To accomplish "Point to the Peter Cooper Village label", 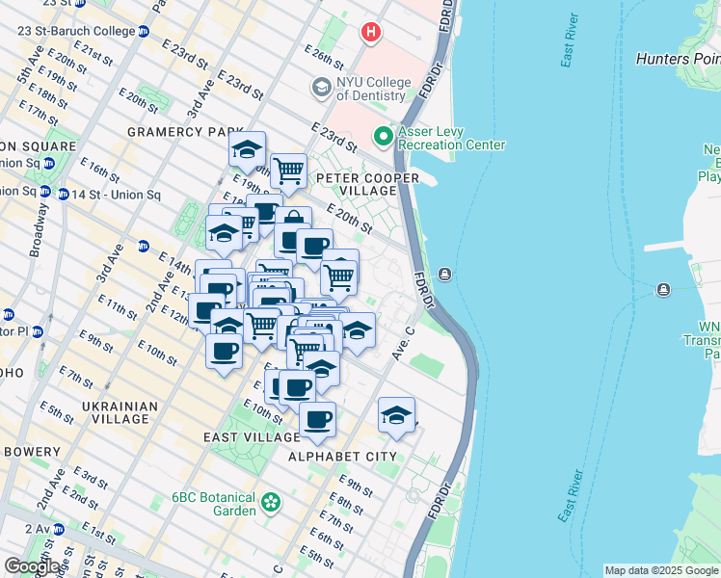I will click(x=366, y=184).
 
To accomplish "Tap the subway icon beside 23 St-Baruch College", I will click(x=144, y=31).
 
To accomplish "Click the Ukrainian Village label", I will click(x=120, y=413).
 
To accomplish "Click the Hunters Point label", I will click(x=678, y=59).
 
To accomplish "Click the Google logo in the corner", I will click(x=32, y=566).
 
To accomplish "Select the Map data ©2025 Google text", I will click(x=661, y=570).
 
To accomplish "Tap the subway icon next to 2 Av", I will click(x=59, y=529).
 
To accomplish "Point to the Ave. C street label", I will click(x=402, y=344).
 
